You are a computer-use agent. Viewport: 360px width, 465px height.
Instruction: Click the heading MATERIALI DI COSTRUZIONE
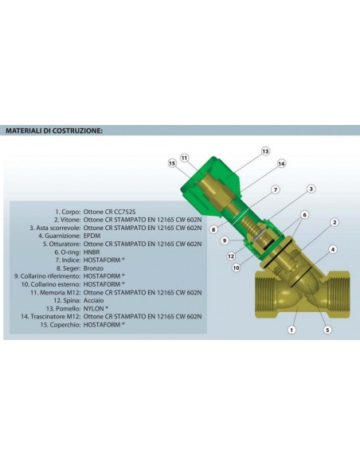54,130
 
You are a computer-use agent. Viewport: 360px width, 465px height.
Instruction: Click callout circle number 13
265,150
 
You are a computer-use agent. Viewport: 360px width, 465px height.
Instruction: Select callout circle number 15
171,163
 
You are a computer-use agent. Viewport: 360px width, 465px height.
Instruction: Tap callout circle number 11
185,158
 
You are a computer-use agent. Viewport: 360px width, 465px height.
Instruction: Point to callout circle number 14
281,163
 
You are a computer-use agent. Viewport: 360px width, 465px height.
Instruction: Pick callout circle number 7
276,190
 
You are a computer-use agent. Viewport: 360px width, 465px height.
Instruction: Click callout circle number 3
311,189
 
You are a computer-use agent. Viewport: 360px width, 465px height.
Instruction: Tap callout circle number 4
331,250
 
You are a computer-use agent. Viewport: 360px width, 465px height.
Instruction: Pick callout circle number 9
225,240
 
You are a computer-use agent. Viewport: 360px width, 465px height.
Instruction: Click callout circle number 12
230,256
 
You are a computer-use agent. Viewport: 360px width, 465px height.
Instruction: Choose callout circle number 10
237,268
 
